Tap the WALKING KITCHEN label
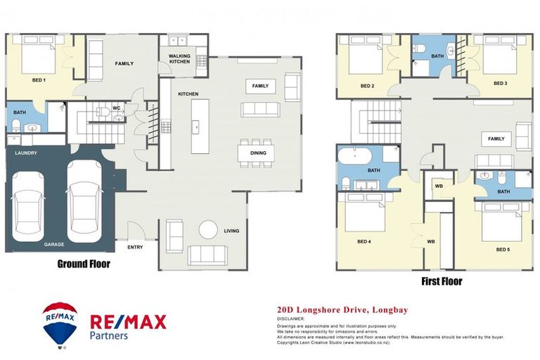coord(180,58)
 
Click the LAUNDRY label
coord(22,153)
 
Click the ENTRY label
coord(135,247)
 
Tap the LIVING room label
coord(231,231)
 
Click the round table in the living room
coord(208,230)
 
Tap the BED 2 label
coord(366,86)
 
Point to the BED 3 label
coord(500,83)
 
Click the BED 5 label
coord(503,250)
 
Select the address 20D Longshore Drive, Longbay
coord(342,309)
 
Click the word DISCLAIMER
coord(293,318)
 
